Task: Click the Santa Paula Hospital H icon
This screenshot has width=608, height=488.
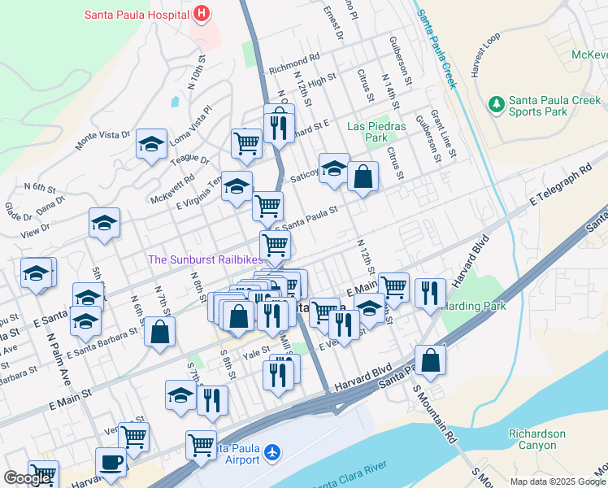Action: [x=202, y=15]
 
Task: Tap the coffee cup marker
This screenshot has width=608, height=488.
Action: [x=111, y=462]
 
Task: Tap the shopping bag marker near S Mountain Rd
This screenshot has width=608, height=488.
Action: [x=430, y=360]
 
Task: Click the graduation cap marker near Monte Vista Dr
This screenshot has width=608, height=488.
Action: [x=151, y=145]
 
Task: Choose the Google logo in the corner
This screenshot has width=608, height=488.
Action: [x=27, y=478]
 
